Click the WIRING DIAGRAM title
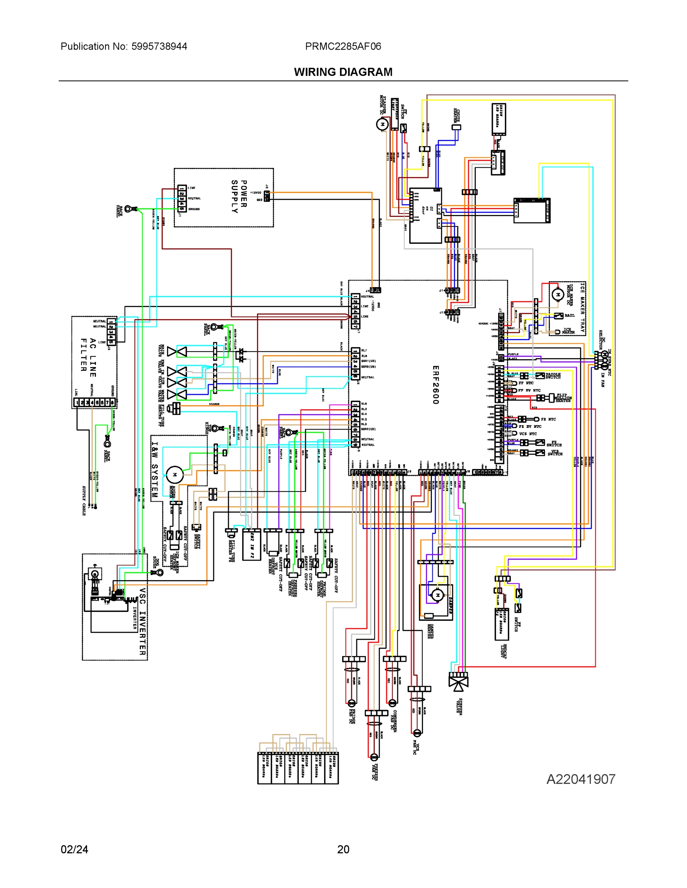click(343, 72)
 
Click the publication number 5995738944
click(159, 46)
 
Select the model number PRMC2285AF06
click(343, 46)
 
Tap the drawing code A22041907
click(580, 779)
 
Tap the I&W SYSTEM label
click(155, 470)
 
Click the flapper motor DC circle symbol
click(382, 124)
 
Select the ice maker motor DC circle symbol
click(557, 294)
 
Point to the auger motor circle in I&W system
click(174, 474)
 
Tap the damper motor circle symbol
click(438, 595)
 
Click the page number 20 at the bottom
click(343, 849)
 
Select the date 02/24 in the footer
click(74, 849)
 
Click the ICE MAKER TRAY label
click(583, 307)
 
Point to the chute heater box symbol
click(456, 127)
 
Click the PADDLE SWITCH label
click(553, 376)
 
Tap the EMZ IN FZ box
click(251, 545)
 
